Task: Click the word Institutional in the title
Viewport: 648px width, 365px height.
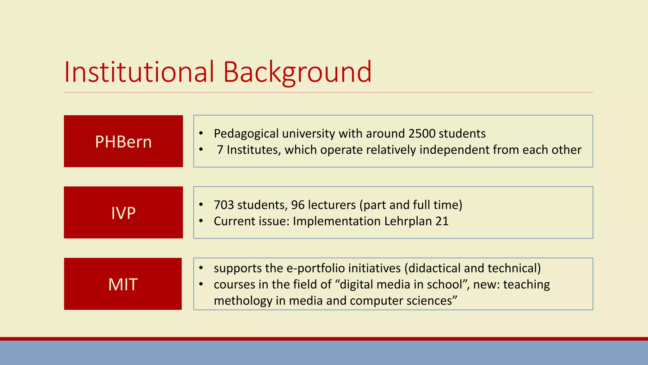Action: (x=139, y=72)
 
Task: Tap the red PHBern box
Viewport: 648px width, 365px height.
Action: (x=123, y=141)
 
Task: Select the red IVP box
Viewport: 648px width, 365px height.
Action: (x=123, y=213)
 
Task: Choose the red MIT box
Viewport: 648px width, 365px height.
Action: (x=123, y=284)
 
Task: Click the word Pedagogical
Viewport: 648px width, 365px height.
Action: (x=246, y=134)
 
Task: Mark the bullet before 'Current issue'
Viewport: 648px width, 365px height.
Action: (x=201, y=221)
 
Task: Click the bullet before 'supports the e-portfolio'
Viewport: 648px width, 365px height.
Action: (x=201, y=268)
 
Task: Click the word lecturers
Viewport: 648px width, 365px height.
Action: (x=332, y=205)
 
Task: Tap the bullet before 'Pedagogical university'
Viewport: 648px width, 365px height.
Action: (x=201, y=133)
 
